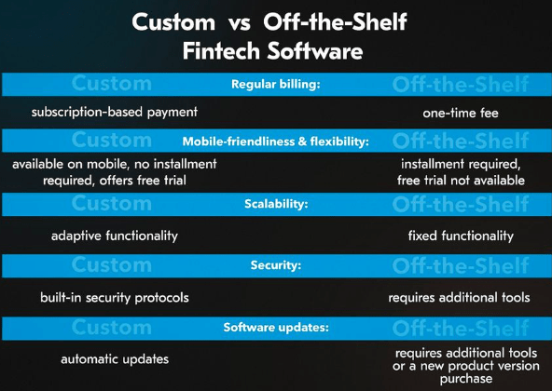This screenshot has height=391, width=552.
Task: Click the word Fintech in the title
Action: tap(221, 51)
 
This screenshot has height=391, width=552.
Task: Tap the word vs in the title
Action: tap(240, 23)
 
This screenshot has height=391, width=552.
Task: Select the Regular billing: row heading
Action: tap(276, 85)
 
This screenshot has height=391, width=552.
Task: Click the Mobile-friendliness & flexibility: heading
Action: tap(276, 142)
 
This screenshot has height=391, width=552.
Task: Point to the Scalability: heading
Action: tap(276, 204)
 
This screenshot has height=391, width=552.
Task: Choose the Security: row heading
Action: tap(276, 265)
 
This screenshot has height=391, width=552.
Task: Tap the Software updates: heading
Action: tap(276, 328)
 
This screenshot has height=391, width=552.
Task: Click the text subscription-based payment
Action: tap(115, 113)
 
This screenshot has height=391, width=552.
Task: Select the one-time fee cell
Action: tap(461, 114)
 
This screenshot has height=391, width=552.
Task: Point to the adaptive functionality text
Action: tap(115, 236)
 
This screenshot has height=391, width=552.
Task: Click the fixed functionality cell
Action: tap(461, 236)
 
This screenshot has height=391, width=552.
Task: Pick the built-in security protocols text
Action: tap(115, 298)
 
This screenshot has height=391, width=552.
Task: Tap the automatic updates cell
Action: tap(115, 359)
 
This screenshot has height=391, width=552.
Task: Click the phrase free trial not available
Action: tap(461, 181)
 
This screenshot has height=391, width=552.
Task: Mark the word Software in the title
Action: tap(315, 51)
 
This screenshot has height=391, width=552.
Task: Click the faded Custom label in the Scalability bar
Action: tap(112, 204)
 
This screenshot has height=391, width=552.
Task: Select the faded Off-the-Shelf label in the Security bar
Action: tap(461, 266)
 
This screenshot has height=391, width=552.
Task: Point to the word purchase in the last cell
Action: tap(466, 379)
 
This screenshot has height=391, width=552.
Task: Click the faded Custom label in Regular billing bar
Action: tap(112, 84)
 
